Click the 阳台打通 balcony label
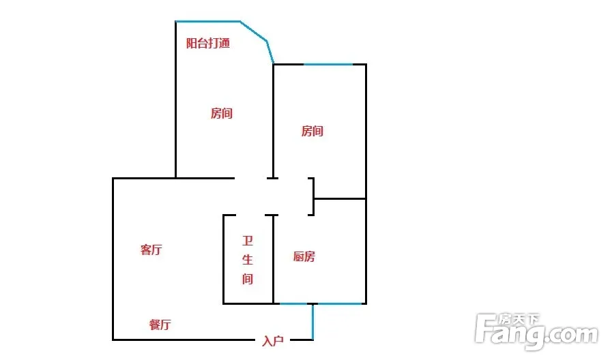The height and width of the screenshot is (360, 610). point(208,43)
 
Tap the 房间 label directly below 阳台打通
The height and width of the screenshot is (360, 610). point(222,113)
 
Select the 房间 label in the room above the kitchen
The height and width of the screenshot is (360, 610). point(313,131)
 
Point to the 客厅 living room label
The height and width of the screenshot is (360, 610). point(151,250)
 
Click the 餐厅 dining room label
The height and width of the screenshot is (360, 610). point(160,325)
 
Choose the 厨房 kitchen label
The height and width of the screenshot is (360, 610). point(304,256)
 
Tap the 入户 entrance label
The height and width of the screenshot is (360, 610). point(273,341)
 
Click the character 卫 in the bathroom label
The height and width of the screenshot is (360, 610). point(248,241)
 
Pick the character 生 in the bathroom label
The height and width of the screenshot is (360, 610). point(248,259)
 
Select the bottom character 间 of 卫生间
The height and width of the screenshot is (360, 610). point(248,279)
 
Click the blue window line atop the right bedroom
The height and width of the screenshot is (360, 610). point(328,64)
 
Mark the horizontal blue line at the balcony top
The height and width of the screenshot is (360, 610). point(207,21)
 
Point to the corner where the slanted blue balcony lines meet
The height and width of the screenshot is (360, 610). point(267,40)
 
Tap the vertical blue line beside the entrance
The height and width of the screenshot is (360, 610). point(313,322)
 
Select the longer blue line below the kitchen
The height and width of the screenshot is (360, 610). point(340,303)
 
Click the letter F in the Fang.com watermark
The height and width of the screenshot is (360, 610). point(486,329)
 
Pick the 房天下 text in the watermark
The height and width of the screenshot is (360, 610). point(519,320)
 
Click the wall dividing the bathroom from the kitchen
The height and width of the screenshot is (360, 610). point(274,259)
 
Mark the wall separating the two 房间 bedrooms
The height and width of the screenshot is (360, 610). point(274,121)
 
